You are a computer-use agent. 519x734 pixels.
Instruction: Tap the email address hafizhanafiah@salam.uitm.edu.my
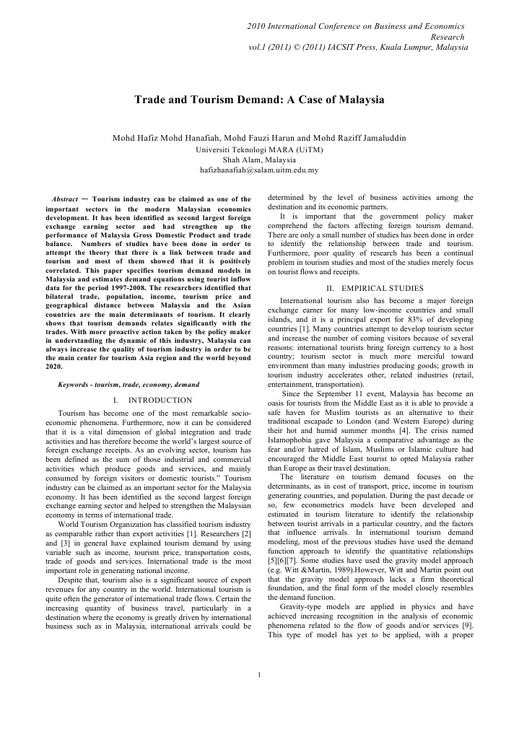click(x=259, y=170)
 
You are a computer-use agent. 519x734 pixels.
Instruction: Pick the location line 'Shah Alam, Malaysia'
click(x=259, y=160)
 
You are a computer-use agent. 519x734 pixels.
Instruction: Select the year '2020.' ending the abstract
click(x=54, y=367)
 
